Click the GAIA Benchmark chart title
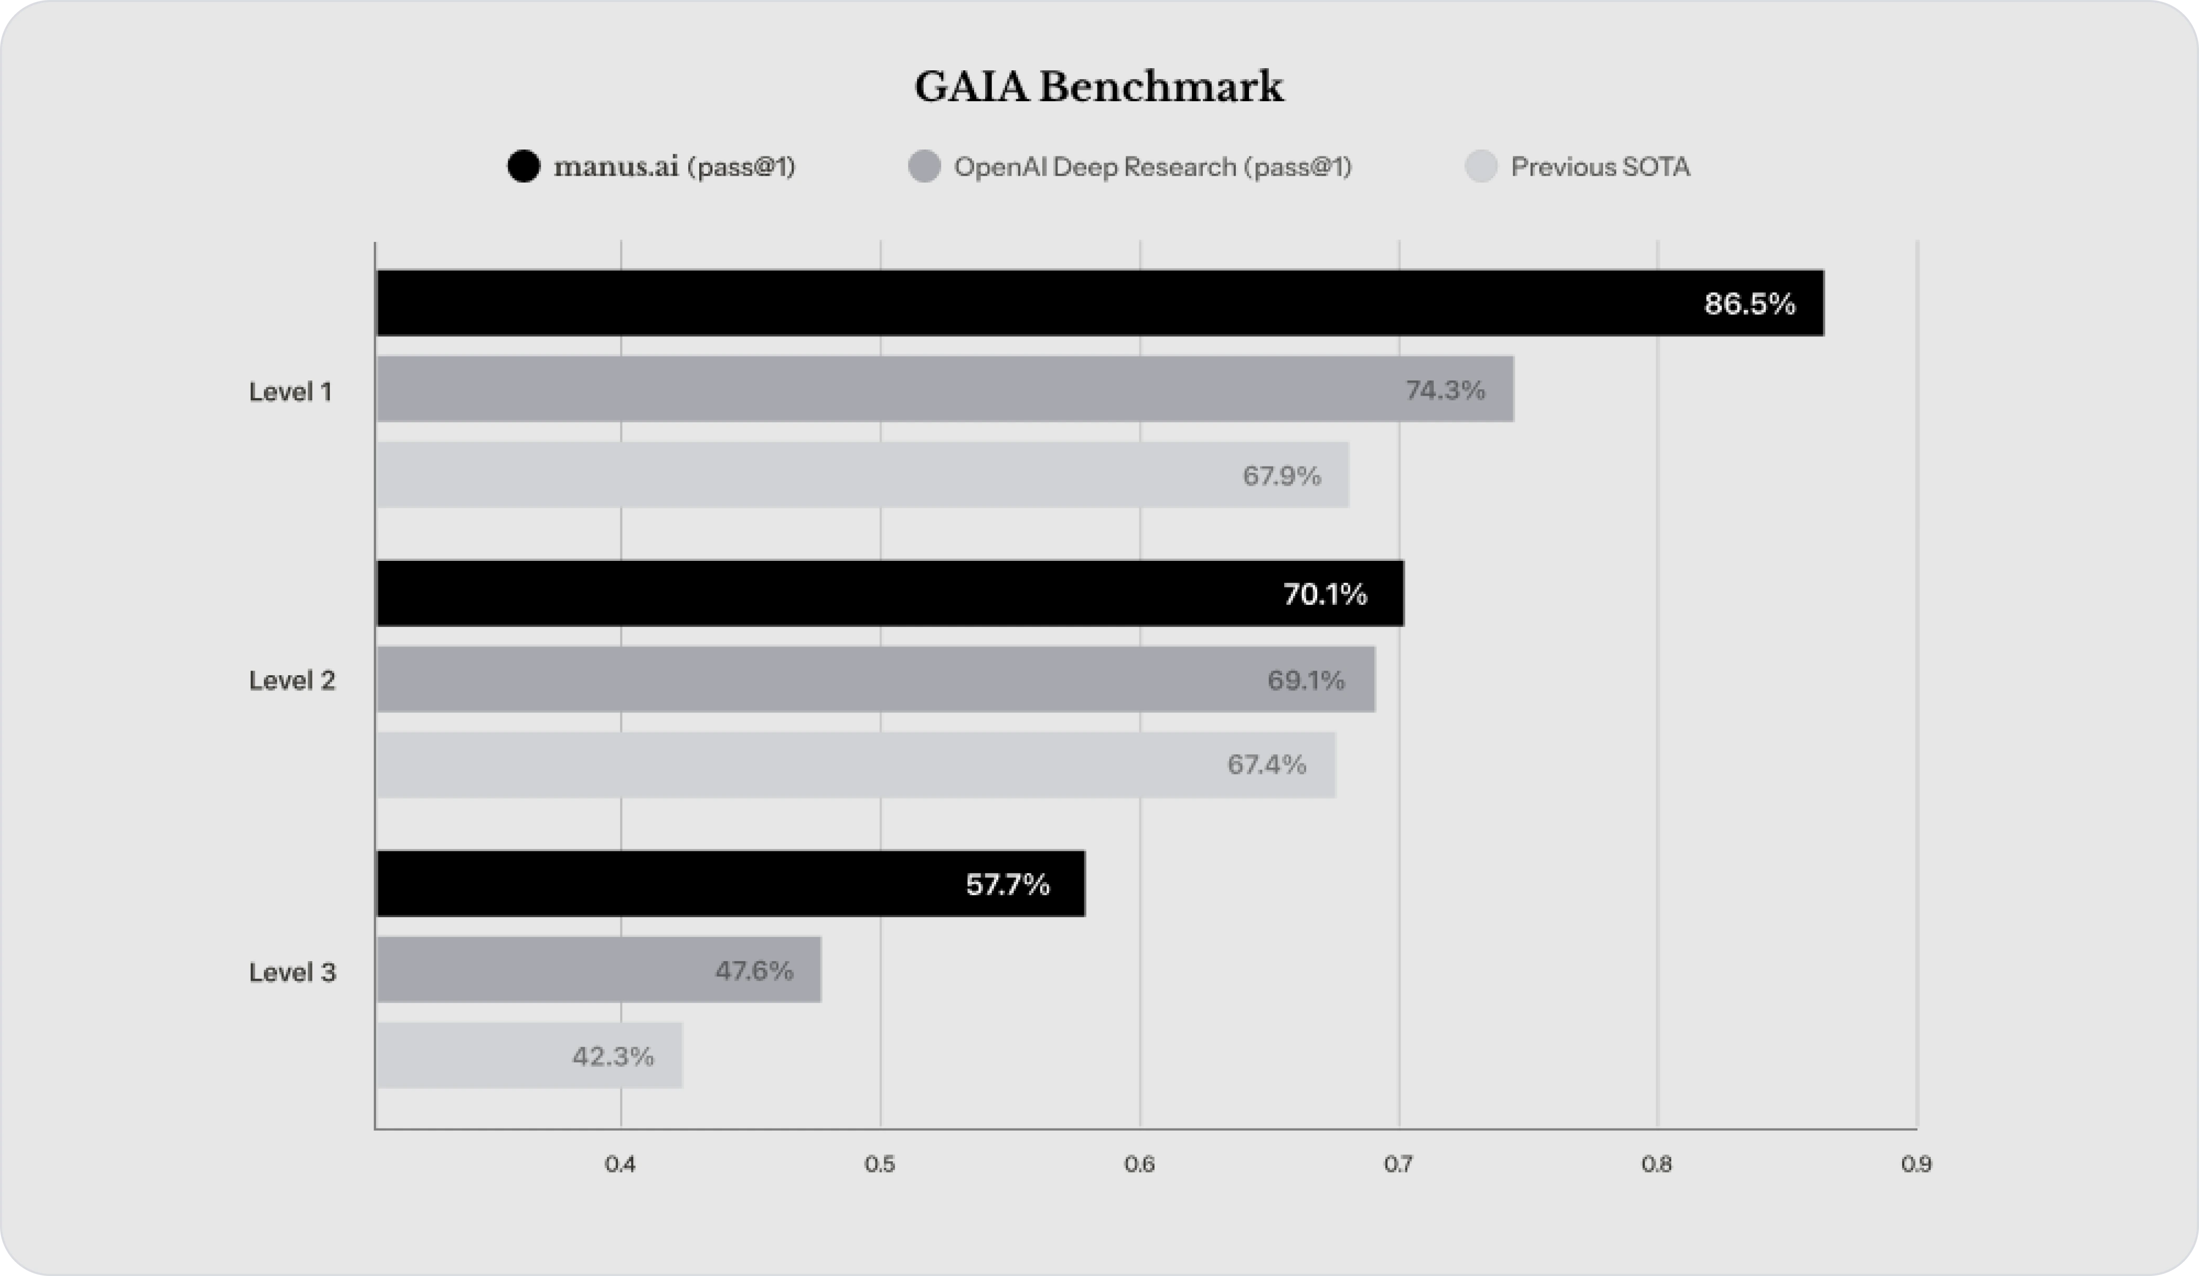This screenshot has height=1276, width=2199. pos(1098,87)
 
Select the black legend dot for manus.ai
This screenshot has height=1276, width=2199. pos(524,166)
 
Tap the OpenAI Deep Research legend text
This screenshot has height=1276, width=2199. pos(1152,166)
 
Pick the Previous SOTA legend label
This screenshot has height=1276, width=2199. pos(1599,166)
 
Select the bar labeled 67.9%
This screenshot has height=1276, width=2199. pos(862,475)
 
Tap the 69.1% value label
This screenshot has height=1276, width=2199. pos(1306,679)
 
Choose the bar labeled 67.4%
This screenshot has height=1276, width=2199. pos(855,764)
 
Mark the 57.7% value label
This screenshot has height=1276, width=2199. pos(1008,884)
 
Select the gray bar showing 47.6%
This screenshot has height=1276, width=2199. pos(599,970)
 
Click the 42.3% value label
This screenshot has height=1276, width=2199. pos(613,1056)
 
